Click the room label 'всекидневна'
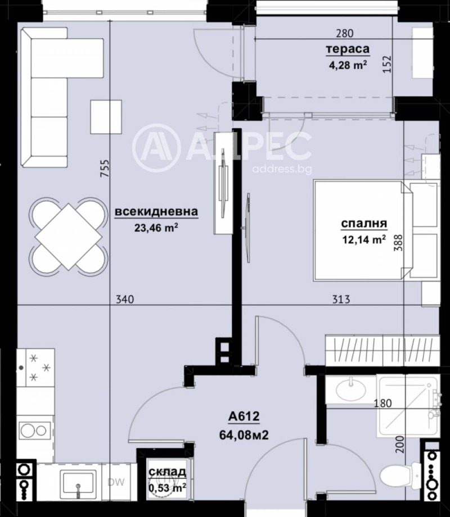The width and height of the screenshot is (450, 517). pos(156,212)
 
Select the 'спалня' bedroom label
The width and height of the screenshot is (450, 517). pos(364,224)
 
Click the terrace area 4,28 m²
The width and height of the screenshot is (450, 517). pos(348,64)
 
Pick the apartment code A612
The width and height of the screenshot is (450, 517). pos(243,416)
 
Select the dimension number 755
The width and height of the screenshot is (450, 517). pos(104,169)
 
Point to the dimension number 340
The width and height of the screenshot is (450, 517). pos(124,300)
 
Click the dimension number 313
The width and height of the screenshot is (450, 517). pos(341,300)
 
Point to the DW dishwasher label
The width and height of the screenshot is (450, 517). pos(116,481)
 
